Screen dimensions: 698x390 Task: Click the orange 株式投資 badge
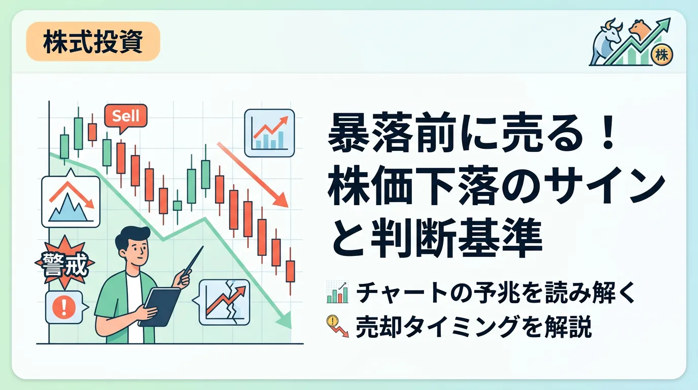click(93, 42)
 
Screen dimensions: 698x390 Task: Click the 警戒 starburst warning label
click(65, 263)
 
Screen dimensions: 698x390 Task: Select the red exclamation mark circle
click(64, 306)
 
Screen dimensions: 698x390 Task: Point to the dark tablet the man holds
click(160, 307)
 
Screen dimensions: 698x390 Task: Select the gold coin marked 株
click(662, 56)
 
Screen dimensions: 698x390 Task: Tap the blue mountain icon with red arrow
click(71, 201)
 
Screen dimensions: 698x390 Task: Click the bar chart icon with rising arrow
click(269, 133)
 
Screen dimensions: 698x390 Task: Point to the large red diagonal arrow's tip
click(287, 207)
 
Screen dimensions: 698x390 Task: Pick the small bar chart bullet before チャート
click(337, 291)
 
